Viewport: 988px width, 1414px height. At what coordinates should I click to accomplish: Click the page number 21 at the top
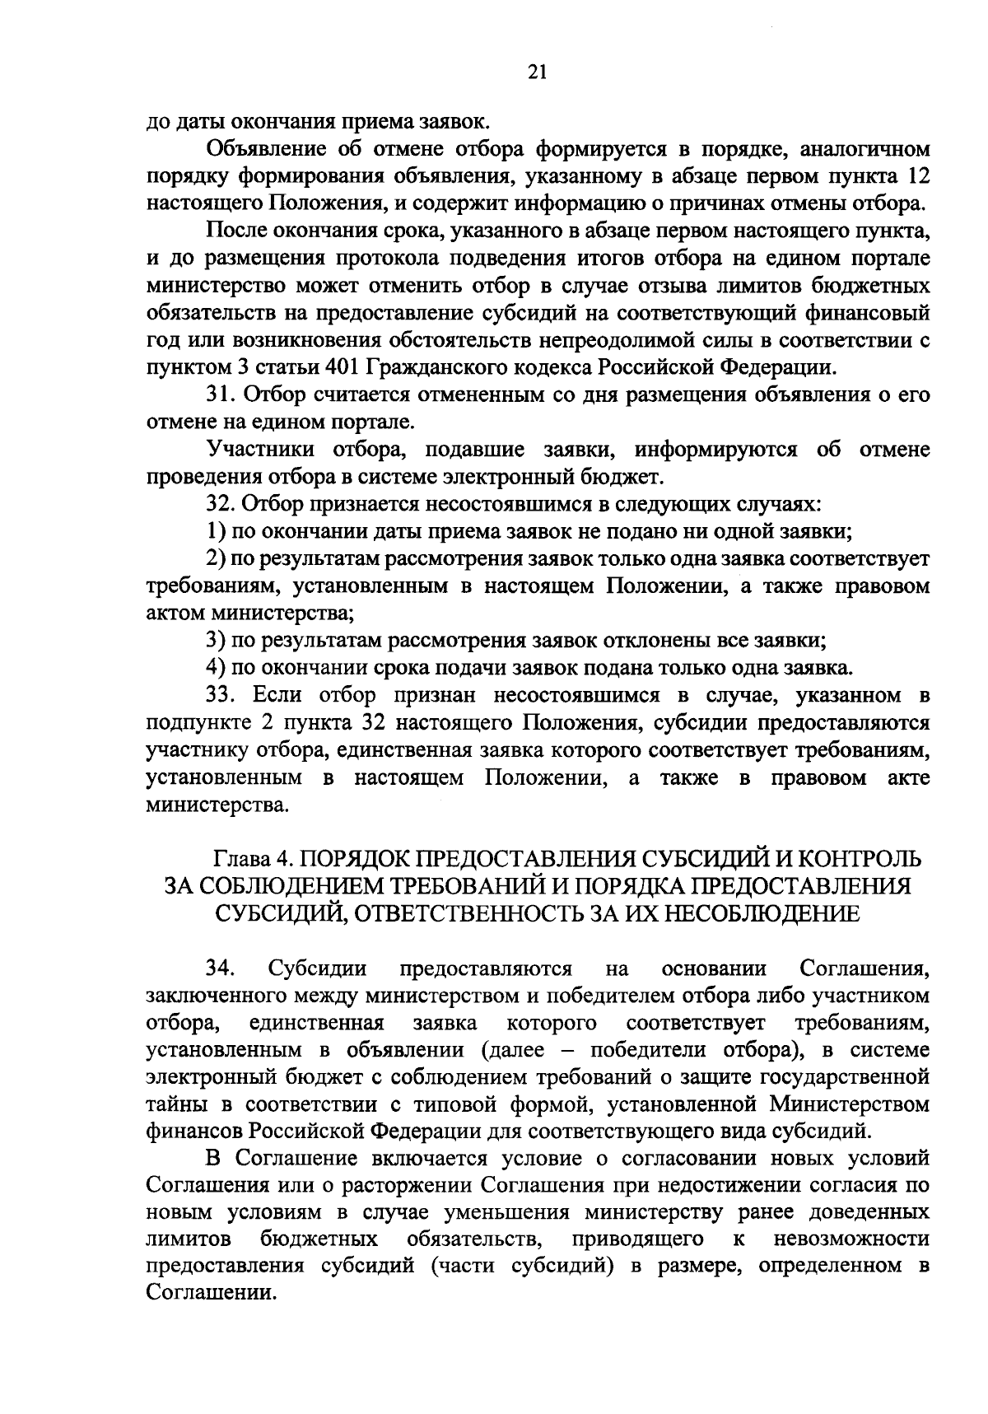coord(536,72)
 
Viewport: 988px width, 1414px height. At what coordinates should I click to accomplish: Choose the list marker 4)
coord(216,667)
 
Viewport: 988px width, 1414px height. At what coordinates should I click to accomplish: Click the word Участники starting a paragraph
coord(261,449)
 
